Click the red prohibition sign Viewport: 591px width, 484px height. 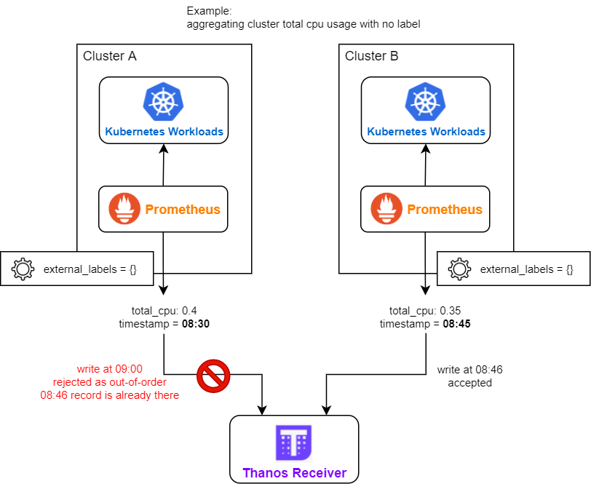213,376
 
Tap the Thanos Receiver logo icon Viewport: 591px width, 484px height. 294,443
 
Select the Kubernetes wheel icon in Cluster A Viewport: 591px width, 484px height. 164,102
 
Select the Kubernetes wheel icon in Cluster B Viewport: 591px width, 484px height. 426,102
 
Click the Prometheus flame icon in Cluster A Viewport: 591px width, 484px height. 124,210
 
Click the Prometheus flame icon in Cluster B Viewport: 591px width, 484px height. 386,210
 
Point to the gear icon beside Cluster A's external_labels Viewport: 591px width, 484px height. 23,269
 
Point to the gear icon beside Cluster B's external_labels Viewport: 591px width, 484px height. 459,269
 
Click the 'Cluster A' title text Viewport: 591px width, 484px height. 110,56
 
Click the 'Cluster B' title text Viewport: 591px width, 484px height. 372,56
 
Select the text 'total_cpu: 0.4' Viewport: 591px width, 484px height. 164,310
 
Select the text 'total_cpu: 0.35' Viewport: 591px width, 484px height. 426,310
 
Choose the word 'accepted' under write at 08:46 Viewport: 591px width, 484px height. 470,383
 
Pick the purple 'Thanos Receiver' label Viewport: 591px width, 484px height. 294,473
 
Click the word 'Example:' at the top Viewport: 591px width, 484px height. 209,11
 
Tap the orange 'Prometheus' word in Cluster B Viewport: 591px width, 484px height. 444,210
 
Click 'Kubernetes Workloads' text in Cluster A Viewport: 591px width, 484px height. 164,132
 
